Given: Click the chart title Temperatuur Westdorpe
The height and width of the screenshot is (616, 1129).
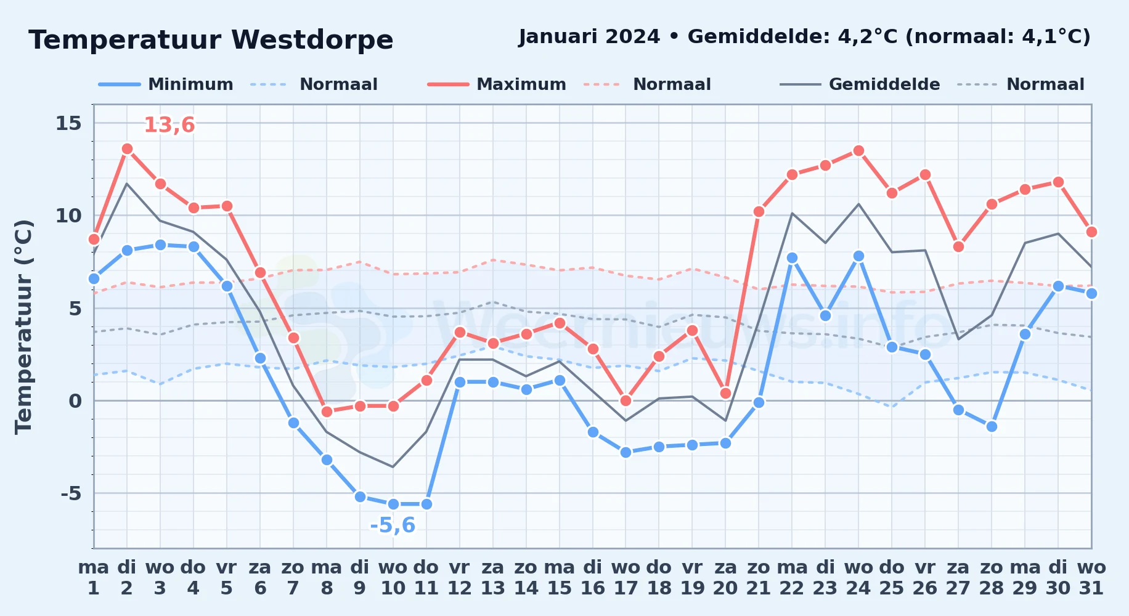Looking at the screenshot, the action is pos(211,40).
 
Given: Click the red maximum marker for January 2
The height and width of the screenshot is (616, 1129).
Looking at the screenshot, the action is pos(127,148).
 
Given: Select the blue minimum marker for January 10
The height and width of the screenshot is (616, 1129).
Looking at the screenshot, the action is pos(393,504).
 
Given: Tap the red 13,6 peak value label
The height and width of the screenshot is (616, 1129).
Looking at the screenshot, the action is pos(169,125).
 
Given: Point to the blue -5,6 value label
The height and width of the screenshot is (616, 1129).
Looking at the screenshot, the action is pos(393,525).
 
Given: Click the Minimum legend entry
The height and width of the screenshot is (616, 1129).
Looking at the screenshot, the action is pos(166,84).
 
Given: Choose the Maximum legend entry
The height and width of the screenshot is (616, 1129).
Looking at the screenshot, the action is pos(497,84).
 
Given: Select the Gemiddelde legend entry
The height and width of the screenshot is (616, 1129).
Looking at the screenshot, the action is pos(860,84).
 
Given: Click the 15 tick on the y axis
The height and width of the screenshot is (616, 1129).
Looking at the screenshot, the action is pos(68,123).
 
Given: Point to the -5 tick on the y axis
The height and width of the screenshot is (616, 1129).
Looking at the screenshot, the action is pos(71,493).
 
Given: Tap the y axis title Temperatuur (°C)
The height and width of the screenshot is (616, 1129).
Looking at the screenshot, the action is pos(23,327).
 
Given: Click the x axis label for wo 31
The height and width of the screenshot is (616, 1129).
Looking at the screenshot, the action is pos(1091,577).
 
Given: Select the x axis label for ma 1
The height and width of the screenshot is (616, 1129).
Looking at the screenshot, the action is pos(94,577).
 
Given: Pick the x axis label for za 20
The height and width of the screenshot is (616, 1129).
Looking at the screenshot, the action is pos(725,577).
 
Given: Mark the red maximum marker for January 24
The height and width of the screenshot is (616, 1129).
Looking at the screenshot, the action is pos(858,150).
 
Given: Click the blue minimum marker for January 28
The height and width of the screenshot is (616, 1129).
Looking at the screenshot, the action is pos(992,426).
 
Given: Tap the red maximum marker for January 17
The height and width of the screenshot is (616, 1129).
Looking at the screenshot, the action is pos(626,400).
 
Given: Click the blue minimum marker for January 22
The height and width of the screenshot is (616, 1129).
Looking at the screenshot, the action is pos(792,258).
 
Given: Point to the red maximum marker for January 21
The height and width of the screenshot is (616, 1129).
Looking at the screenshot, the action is pos(759,211).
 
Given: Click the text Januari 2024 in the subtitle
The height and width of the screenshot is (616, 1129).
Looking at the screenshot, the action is pos(589,37).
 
